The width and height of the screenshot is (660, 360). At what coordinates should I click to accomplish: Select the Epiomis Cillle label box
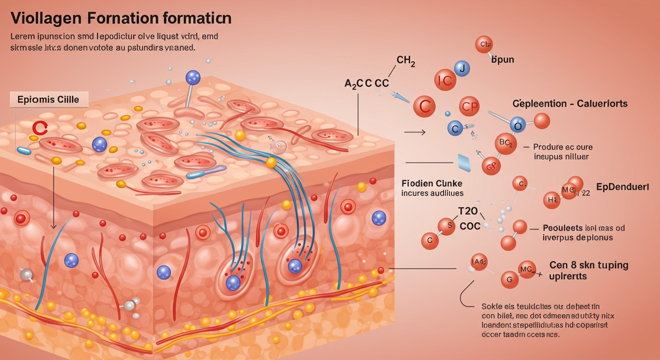click(x=48, y=99)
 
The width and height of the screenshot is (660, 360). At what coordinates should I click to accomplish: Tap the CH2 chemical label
click(x=405, y=60)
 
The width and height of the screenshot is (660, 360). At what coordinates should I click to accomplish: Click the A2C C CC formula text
click(x=367, y=83)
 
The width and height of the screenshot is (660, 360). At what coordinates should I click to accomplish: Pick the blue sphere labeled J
click(x=462, y=69)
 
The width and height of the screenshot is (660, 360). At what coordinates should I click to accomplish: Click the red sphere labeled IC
click(x=445, y=80)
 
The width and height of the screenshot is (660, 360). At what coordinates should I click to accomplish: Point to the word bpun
click(x=502, y=60)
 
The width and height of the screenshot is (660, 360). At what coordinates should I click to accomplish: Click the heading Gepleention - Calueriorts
click(x=570, y=104)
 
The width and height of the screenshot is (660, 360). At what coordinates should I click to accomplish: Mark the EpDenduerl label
click(x=622, y=187)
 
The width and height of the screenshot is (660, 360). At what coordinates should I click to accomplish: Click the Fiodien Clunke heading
click(x=432, y=183)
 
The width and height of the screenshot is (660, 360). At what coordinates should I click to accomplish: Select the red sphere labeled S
click(x=448, y=226)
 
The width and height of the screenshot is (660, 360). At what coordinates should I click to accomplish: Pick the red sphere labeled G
click(x=510, y=279)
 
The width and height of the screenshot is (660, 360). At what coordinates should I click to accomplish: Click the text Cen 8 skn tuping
click(x=589, y=265)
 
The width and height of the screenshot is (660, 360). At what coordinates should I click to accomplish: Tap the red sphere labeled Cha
click(x=484, y=45)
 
